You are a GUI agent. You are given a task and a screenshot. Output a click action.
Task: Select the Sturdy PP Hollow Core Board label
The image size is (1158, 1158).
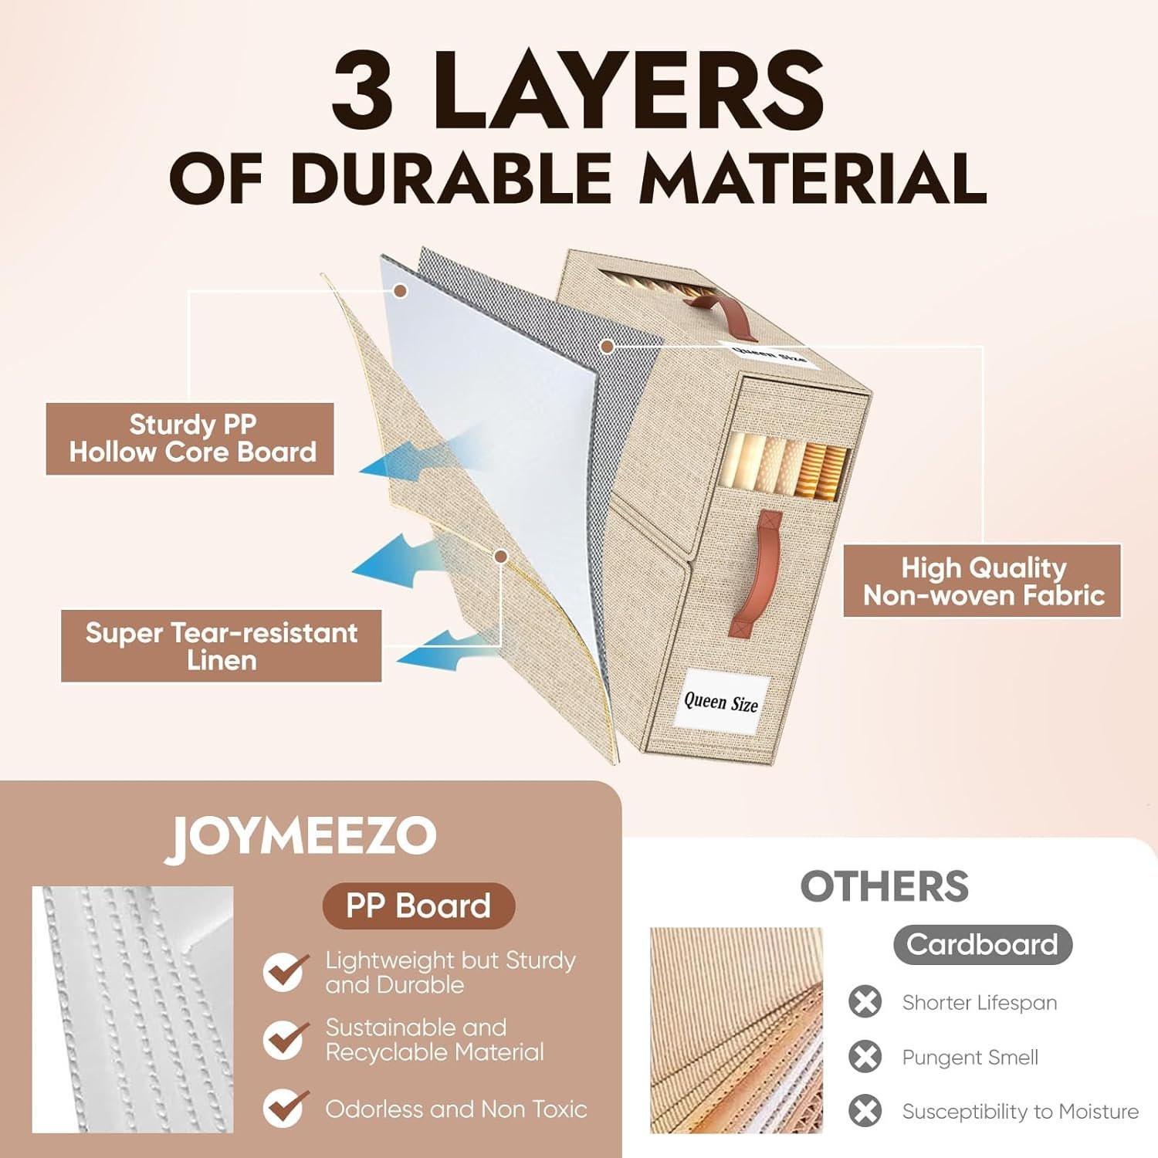pos(190,438)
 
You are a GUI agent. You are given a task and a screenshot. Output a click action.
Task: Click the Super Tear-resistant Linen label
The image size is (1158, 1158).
pos(222,646)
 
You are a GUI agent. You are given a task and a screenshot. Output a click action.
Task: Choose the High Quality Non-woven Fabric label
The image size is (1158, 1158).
pos(982,581)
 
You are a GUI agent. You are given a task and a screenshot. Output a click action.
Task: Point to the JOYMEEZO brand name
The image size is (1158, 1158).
pos(301,837)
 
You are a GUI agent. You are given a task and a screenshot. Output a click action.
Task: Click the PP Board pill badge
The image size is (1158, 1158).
pos(418,906)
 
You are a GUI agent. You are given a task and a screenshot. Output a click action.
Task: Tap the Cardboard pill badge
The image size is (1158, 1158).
pos(983,944)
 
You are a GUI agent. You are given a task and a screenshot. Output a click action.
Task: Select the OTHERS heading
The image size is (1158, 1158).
pos(884,886)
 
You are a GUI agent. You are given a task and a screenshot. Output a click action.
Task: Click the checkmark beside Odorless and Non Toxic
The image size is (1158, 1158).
pos(285,1109)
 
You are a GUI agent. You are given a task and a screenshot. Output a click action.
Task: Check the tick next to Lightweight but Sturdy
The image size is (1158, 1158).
pos(285,971)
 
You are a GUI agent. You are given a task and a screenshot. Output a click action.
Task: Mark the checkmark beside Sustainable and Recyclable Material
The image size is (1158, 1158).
pos(285,1039)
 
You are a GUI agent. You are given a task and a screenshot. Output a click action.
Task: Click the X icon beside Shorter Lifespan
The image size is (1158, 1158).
pos(865,1002)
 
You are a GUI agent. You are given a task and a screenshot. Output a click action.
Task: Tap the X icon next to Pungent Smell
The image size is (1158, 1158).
pos(865,1057)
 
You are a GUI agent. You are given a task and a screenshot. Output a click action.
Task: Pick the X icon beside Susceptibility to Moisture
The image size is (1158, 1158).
pos(865,1112)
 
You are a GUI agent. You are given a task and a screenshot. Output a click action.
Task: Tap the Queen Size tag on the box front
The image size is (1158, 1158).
pos(722,701)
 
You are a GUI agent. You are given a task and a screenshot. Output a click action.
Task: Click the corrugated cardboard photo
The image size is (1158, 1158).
pos(736,1031)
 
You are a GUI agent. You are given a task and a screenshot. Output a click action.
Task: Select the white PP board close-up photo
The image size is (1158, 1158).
pos(133,1010)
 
